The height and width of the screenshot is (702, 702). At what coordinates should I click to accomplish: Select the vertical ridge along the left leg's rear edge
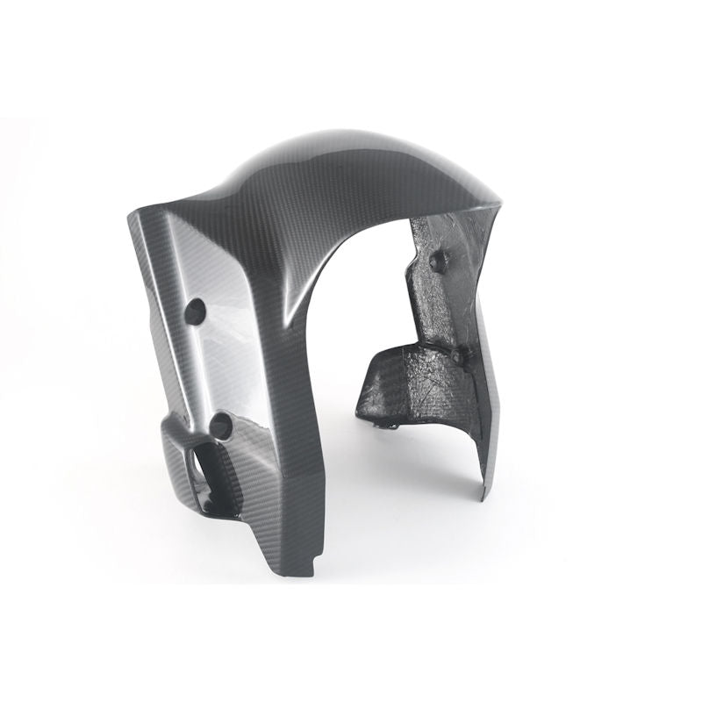(149, 369)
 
